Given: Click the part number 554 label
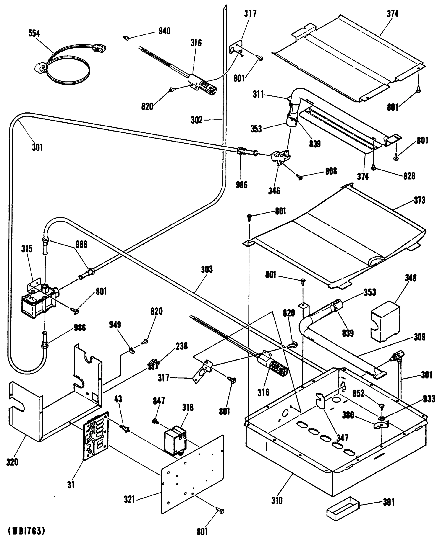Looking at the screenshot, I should tap(34, 33).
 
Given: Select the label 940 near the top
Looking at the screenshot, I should tap(164, 31).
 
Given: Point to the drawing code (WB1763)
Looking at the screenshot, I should tap(26, 531).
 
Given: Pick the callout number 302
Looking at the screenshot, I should tap(197, 120).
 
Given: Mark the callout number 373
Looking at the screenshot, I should tap(420, 200).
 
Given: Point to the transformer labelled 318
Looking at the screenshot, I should tap(175, 440).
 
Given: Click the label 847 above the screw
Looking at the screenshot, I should tap(159, 401).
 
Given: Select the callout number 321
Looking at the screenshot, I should tap(129, 499).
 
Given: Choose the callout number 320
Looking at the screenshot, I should tap(12, 462).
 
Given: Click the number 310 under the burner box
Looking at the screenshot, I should tap(277, 501).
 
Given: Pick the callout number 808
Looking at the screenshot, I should tap(331, 171).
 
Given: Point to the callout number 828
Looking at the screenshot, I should tap(409, 176).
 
